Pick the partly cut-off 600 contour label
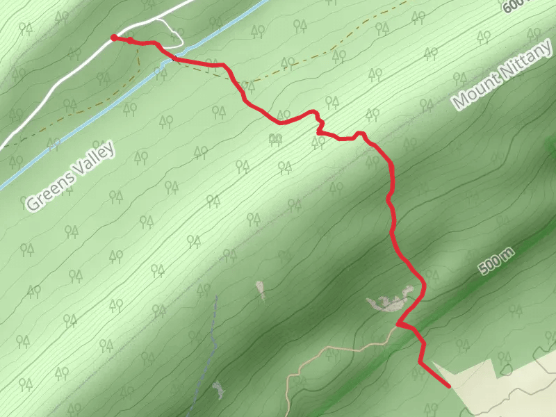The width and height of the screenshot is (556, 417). click(513, 6)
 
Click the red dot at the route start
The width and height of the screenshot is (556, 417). click(113, 38)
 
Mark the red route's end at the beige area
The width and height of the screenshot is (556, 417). click(448, 386)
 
